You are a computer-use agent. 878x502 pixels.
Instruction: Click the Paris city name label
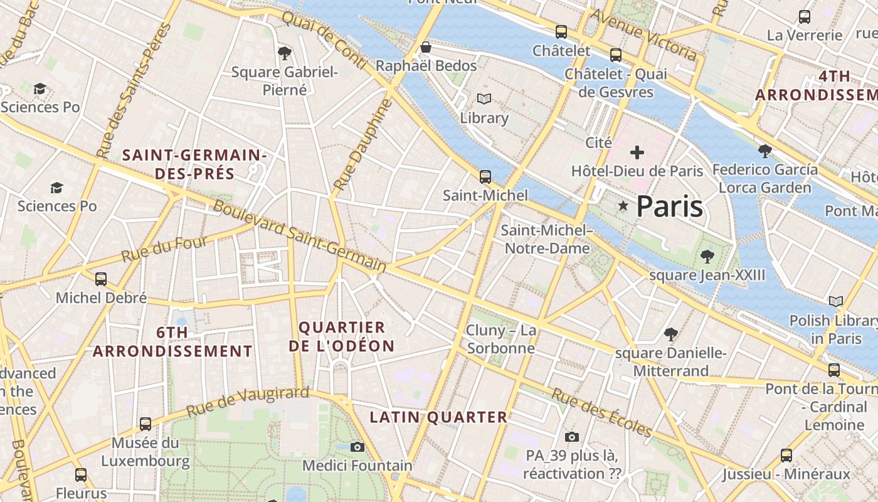(x=670, y=206)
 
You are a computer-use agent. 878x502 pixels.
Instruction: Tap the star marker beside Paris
(x=623, y=206)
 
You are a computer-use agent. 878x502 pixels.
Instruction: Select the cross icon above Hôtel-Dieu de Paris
(x=637, y=152)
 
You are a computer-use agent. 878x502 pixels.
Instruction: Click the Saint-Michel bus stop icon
(x=485, y=177)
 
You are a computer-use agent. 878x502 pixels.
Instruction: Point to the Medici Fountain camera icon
(x=357, y=447)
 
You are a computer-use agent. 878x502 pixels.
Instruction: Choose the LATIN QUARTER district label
(x=438, y=417)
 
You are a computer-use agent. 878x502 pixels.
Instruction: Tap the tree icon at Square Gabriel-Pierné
(x=284, y=53)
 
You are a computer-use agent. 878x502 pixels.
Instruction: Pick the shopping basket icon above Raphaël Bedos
(x=426, y=47)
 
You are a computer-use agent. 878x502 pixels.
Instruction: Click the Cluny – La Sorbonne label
(x=501, y=339)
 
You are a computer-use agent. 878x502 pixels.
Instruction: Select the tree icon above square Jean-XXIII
(x=707, y=256)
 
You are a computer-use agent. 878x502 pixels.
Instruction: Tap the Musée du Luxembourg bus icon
(x=145, y=424)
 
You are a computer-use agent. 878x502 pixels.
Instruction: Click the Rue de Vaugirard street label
(x=248, y=402)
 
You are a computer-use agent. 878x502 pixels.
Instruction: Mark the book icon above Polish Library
(x=835, y=302)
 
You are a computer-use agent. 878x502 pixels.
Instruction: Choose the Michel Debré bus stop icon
(x=101, y=279)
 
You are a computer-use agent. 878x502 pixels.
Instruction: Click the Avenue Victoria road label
(x=643, y=35)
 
